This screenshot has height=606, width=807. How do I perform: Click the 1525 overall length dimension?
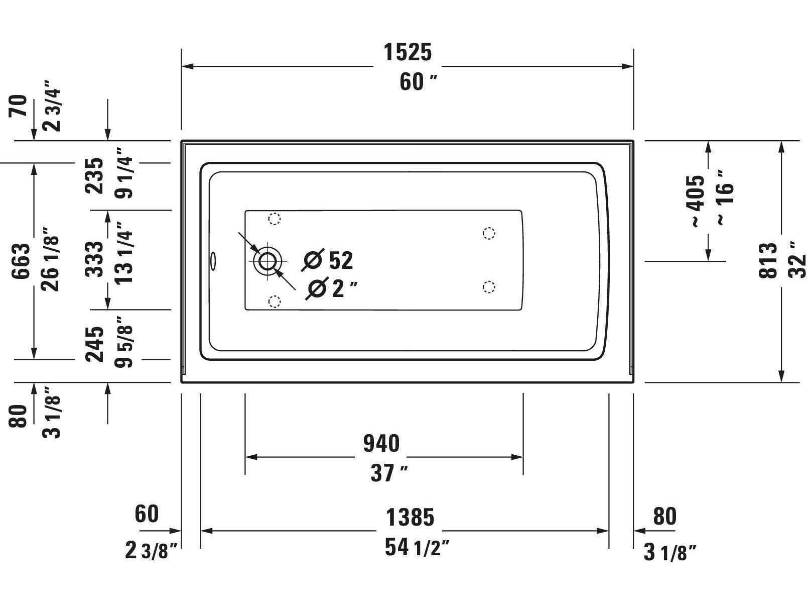coord(408,52)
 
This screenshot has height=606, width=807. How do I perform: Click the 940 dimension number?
coord(381,444)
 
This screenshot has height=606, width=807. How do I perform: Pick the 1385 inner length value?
coord(410,517)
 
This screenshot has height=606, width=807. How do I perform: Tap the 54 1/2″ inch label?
coord(417,547)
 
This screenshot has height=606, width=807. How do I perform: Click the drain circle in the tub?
coord(267,260)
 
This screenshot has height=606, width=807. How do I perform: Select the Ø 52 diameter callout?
coord(329,260)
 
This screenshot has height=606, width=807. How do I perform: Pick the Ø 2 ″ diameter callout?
coord(331,289)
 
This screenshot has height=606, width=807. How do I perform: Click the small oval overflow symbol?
coord(213,260)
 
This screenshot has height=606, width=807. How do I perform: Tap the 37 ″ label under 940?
coord(388,473)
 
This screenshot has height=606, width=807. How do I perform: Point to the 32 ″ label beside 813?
coord(797,260)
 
